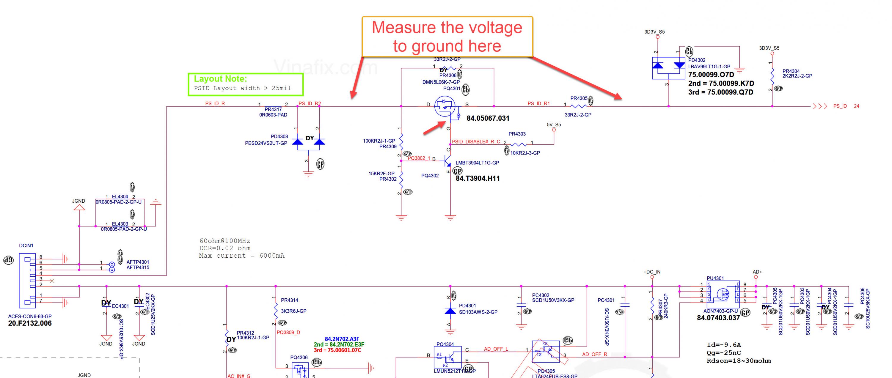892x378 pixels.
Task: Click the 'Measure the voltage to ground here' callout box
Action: (447, 37)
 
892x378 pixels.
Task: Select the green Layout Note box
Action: (246, 84)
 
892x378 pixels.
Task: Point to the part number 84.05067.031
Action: (488, 118)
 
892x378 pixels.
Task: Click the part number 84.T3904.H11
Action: (478, 179)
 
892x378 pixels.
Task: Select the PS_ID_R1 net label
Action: (538, 103)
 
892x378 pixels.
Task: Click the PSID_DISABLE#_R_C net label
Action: (476, 141)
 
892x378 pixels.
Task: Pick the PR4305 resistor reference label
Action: (579, 98)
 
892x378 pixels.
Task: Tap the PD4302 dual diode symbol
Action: (668, 67)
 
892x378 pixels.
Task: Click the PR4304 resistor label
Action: (791, 71)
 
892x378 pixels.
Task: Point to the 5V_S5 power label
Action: (554, 125)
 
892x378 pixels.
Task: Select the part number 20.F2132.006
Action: (30, 323)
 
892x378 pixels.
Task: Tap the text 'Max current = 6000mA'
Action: (241, 256)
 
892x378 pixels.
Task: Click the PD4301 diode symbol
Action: (450, 311)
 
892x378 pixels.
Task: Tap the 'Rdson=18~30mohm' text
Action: (739, 361)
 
